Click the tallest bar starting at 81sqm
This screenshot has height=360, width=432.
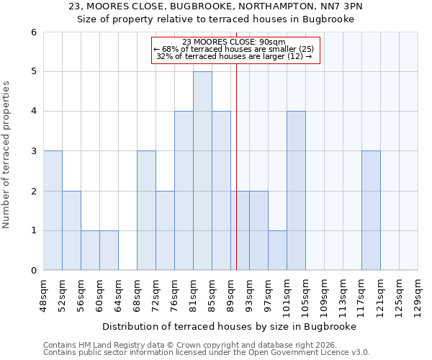click(x=202, y=171)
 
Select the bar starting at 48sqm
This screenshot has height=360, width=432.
click(x=53, y=210)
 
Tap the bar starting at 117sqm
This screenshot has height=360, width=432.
click(x=371, y=210)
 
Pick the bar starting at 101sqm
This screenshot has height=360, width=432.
click(x=296, y=191)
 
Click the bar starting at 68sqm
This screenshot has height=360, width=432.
click(x=146, y=210)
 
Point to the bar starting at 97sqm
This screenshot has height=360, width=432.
click(x=277, y=250)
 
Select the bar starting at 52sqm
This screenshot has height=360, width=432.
click(x=71, y=230)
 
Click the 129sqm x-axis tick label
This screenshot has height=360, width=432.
click(x=418, y=296)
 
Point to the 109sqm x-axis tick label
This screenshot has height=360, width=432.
click(x=324, y=296)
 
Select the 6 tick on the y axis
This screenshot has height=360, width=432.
click(x=33, y=32)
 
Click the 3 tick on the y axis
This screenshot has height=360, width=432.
click(x=33, y=151)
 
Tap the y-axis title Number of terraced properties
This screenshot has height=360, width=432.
click(x=7, y=154)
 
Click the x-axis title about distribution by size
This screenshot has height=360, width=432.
click(x=230, y=326)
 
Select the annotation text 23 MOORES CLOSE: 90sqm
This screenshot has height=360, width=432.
click(x=234, y=42)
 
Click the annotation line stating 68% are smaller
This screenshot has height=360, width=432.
click(x=234, y=49)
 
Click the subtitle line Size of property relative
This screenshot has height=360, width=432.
click(x=215, y=19)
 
